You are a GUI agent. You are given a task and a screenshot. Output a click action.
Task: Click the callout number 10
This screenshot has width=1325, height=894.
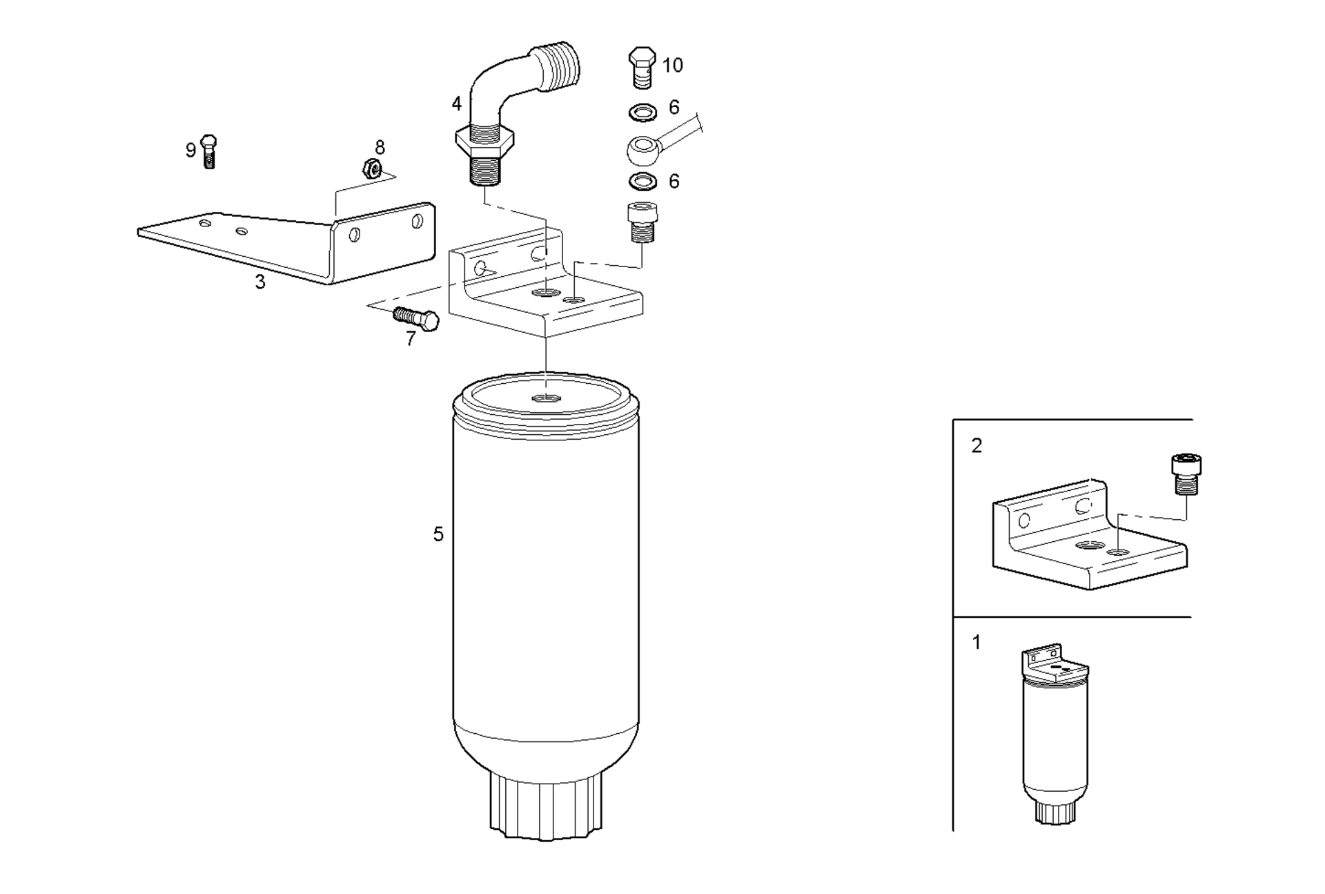[x=672, y=65]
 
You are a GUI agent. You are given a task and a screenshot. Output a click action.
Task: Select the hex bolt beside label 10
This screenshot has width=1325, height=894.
[x=642, y=68]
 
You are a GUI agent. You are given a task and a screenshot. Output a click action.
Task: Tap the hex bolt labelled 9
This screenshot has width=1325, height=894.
[x=209, y=152]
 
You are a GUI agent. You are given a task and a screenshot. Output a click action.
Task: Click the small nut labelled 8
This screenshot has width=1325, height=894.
[x=373, y=168]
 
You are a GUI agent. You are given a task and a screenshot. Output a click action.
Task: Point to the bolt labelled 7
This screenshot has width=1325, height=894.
[x=416, y=318]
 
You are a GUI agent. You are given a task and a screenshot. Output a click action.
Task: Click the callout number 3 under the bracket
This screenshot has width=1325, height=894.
[x=260, y=282]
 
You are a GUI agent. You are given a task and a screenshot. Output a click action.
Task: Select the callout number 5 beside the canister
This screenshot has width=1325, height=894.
[x=438, y=534]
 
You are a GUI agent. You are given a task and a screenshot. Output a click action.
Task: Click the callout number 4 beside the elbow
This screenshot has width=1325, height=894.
[x=456, y=104]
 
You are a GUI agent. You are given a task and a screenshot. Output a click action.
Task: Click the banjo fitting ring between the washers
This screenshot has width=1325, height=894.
[x=643, y=150]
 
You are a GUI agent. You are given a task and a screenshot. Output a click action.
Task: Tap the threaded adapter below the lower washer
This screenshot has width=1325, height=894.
[x=642, y=222]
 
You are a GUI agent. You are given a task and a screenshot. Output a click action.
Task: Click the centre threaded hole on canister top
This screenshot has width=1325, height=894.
[x=546, y=398]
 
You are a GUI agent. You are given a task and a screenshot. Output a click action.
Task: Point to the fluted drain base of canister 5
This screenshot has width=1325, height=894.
[x=546, y=805]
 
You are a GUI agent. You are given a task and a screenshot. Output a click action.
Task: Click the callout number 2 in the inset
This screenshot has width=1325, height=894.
[x=976, y=446]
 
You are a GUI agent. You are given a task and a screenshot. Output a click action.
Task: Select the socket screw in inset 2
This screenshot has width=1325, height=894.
[x=1186, y=474]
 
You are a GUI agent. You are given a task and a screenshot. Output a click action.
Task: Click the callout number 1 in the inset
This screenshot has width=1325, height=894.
[x=976, y=642]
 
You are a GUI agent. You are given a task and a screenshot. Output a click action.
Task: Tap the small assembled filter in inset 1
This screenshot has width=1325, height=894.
[x=1055, y=735]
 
